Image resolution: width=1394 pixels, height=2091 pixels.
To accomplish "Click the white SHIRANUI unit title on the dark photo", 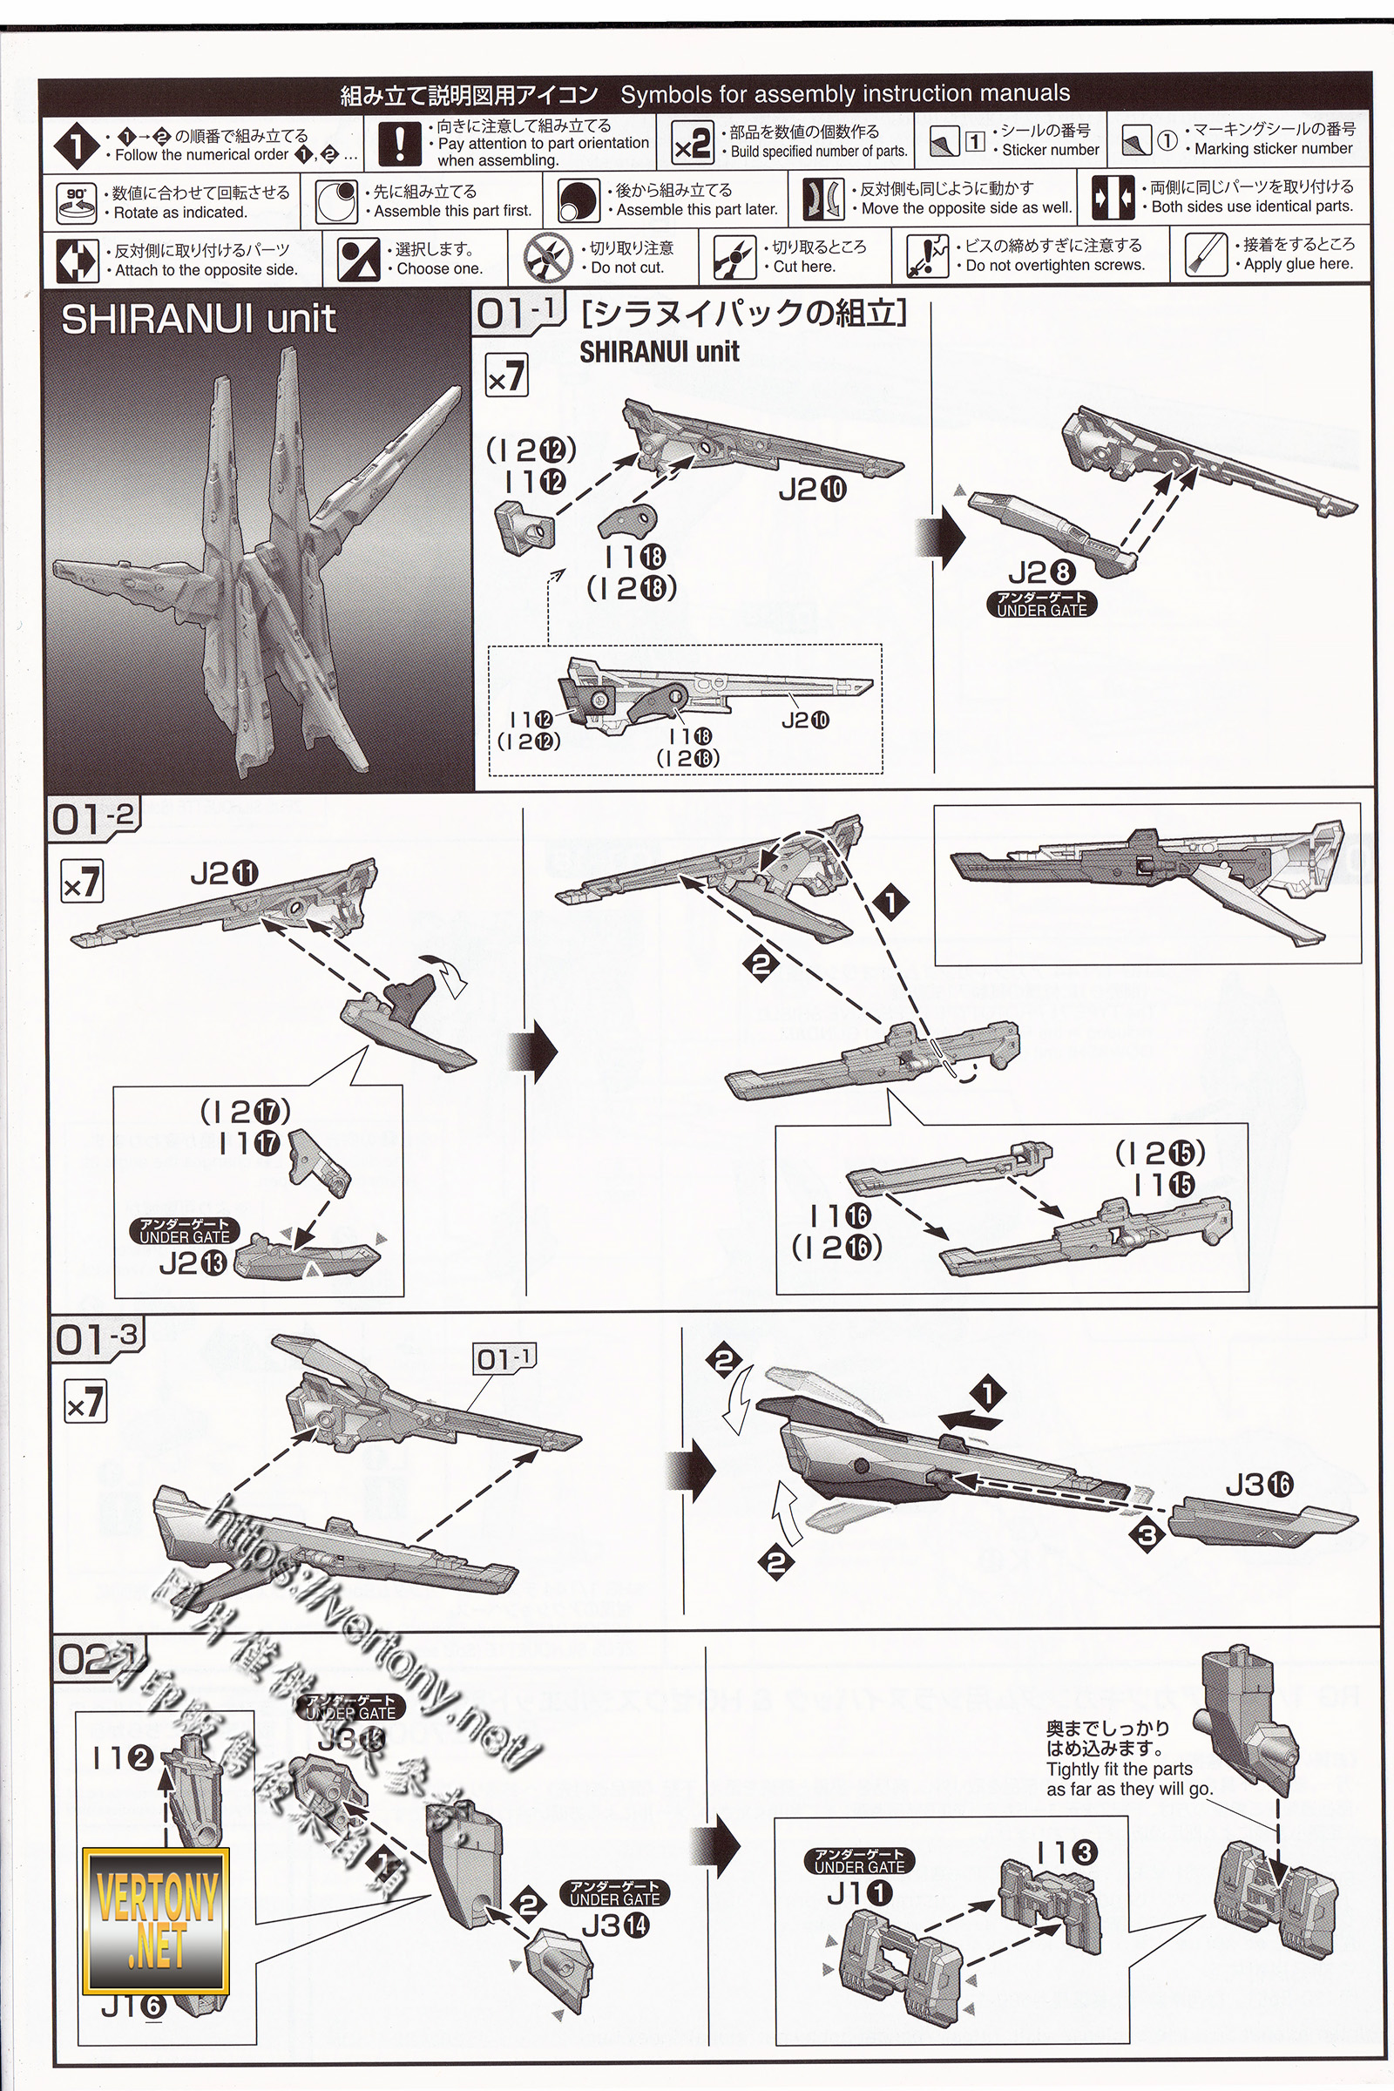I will tap(199, 319).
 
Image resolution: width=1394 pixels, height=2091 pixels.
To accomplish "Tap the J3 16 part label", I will tap(1259, 1484).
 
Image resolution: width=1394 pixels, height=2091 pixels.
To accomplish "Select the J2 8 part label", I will tap(1041, 574).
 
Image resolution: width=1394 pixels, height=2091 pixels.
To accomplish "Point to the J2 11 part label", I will tap(224, 875).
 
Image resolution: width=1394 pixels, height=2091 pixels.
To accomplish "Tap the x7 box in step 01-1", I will tap(507, 377).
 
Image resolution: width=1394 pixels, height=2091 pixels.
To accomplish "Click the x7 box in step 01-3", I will tap(85, 1404).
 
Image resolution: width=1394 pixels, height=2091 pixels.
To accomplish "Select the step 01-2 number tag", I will tap(92, 818).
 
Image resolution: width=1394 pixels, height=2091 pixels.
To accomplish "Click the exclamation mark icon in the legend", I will tap(400, 142).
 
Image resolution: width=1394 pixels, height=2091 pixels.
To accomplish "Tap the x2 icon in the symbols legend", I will tap(692, 144).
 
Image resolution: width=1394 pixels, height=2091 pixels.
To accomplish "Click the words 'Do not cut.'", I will tap(626, 267).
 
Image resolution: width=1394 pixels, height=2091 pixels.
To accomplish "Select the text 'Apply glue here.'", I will tap(1298, 264).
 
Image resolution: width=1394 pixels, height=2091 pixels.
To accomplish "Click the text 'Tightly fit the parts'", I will tap(1120, 1770).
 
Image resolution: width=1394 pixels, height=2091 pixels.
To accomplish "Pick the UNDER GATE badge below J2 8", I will tap(1041, 605).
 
